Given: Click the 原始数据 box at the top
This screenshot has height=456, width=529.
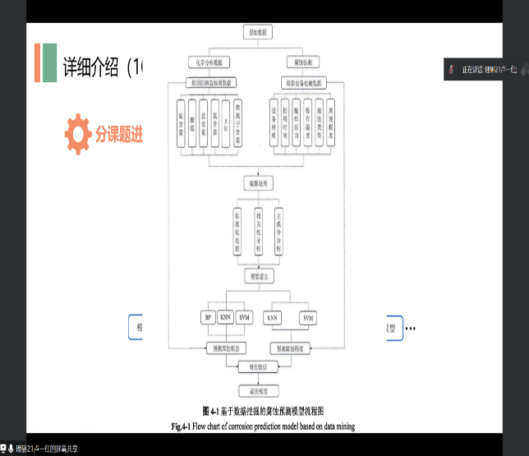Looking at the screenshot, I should point(257,32).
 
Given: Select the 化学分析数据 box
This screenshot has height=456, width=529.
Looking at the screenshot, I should point(209,62).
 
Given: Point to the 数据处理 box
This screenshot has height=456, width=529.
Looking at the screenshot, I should point(256,182).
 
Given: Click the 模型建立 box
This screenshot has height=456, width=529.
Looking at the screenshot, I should point(256,277).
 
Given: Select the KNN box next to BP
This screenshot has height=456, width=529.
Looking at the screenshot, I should point(225,317).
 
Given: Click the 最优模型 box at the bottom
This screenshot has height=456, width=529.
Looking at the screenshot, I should point(256,391).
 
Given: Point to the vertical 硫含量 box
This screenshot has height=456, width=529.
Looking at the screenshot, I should point(180,124).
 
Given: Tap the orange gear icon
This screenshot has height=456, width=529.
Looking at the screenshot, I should point(78,134).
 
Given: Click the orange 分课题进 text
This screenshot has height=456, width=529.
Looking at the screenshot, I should point(118,135).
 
